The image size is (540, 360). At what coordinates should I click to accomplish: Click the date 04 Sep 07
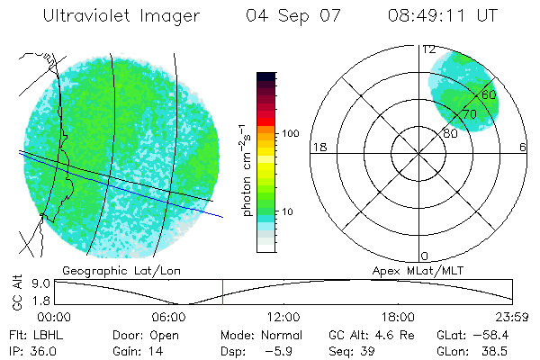[x=290, y=16]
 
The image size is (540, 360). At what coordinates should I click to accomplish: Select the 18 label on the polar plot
[x=318, y=148]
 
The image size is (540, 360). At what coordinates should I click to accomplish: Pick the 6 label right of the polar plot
[x=523, y=148]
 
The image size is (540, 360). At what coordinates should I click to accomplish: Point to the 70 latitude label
[x=469, y=114]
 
